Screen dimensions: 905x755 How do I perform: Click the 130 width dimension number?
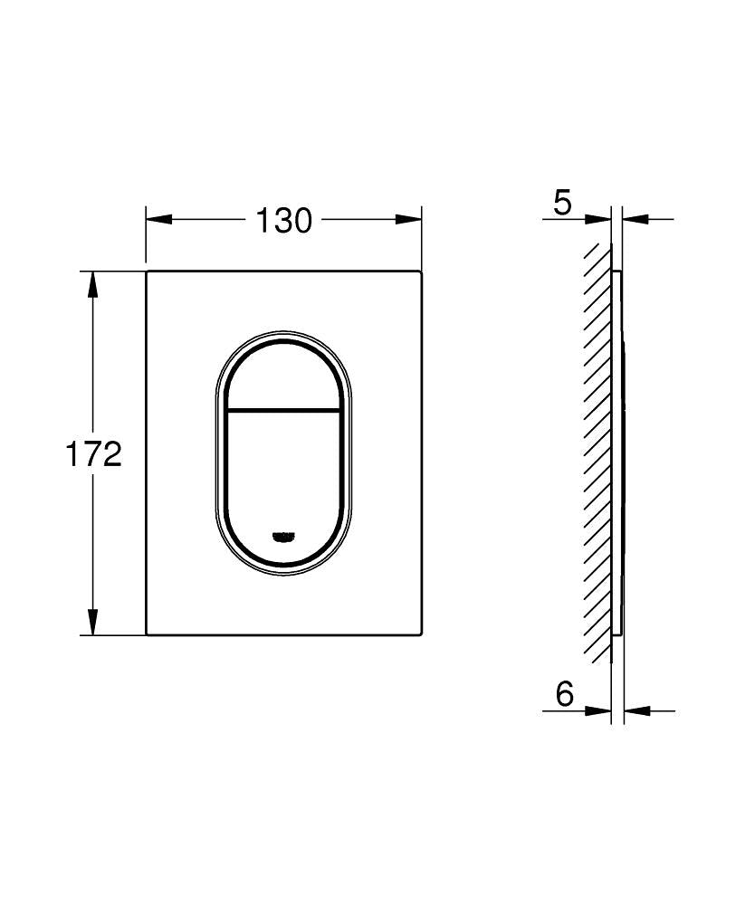(x=283, y=220)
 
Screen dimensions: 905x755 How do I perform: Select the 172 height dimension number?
(x=92, y=454)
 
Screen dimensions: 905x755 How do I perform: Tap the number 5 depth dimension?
(x=562, y=203)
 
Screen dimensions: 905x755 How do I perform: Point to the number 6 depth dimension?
(x=564, y=695)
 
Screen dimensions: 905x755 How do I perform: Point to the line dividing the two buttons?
(x=283, y=410)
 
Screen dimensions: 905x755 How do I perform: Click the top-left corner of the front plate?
(x=147, y=271)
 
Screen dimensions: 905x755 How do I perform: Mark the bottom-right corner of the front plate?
(x=421, y=634)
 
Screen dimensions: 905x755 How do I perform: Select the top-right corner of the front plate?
(x=421, y=271)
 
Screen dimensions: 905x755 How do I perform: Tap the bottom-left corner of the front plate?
(x=147, y=634)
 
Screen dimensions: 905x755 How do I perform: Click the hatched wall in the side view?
(x=597, y=452)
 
